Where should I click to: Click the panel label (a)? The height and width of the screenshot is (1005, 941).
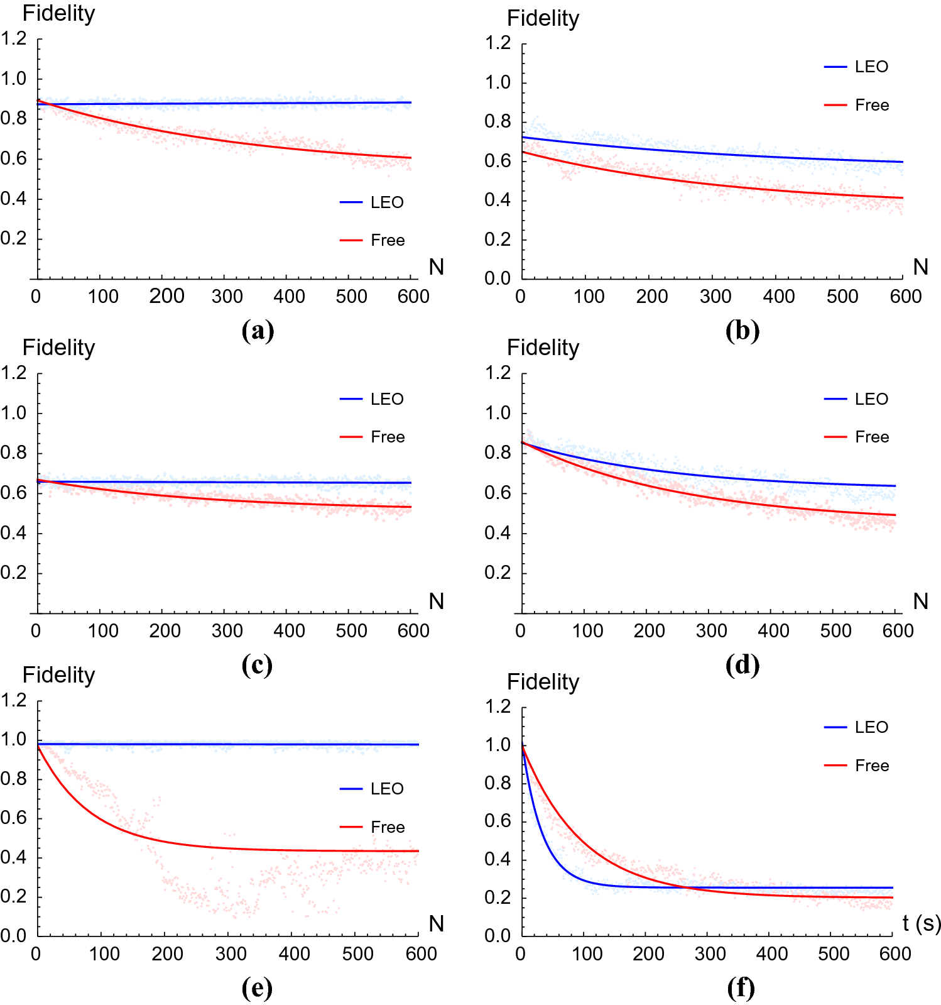pos(258,330)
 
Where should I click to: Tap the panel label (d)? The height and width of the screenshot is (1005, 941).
pos(742,664)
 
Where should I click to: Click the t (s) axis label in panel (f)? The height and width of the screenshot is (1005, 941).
pos(922,923)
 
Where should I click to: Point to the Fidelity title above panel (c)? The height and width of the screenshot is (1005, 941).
pos(58,348)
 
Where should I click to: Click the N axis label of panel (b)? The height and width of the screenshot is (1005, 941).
pos(920,267)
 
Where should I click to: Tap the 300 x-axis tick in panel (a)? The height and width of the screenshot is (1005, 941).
pos(227,297)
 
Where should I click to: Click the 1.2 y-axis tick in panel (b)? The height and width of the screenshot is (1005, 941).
pos(498,43)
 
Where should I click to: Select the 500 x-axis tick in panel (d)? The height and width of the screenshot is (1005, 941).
pos(835,631)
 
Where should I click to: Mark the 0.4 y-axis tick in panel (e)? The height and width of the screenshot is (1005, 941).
pos(13,857)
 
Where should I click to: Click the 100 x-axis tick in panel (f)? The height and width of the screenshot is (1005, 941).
pos(587,954)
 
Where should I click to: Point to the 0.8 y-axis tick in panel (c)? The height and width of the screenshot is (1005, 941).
pos(13,453)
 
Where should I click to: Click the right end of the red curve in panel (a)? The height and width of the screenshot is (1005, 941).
pos(411,158)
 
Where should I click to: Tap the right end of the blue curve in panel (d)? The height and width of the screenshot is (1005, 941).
pos(895,486)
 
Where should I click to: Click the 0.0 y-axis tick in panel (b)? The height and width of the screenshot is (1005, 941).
pos(498,278)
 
